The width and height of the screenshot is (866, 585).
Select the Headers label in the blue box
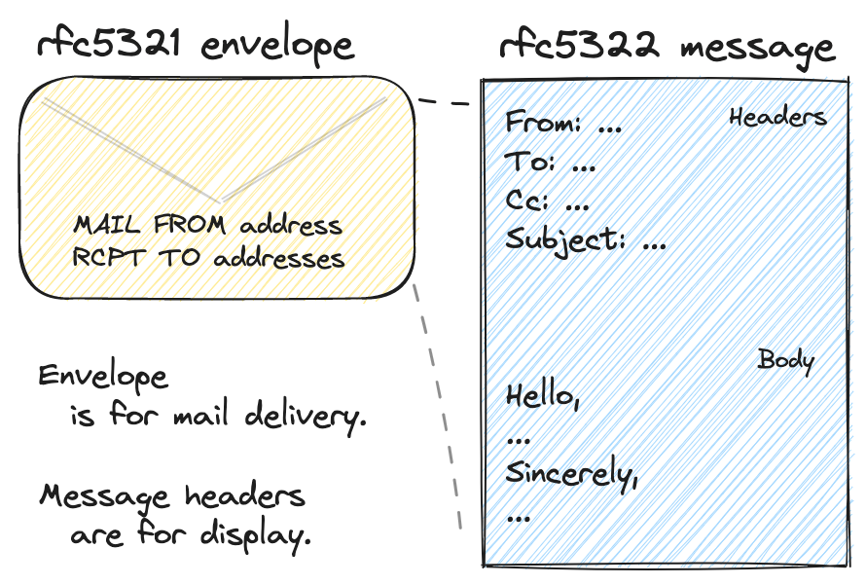[x=777, y=118]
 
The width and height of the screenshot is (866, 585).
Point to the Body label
[x=785, y=360]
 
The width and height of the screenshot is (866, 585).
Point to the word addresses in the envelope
[x=278, y=259]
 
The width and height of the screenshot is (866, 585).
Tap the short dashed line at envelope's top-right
[x=443, y=102]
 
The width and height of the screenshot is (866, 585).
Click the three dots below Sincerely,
[x=519, y=516]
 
